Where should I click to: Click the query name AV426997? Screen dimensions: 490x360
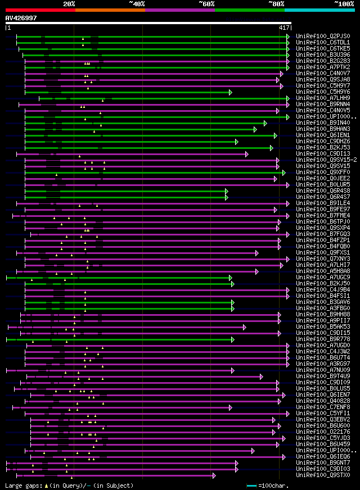pyautogui.click(x=21, y=18)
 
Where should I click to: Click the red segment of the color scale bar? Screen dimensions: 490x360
pyautogui.click(x=40, y=10)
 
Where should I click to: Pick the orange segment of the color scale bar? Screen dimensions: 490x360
pyautogui.click(x=110, y=10)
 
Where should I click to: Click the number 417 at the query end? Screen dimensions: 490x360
pyautogui.click(x=284, y=28)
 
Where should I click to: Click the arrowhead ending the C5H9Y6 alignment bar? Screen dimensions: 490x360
pyautogui.click(x=230, y=92)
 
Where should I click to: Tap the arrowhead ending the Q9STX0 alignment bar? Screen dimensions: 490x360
pyautogui.click(x=214, y=475)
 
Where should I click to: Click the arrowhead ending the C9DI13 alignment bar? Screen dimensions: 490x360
pyautogui.click(x=246, y=153)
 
